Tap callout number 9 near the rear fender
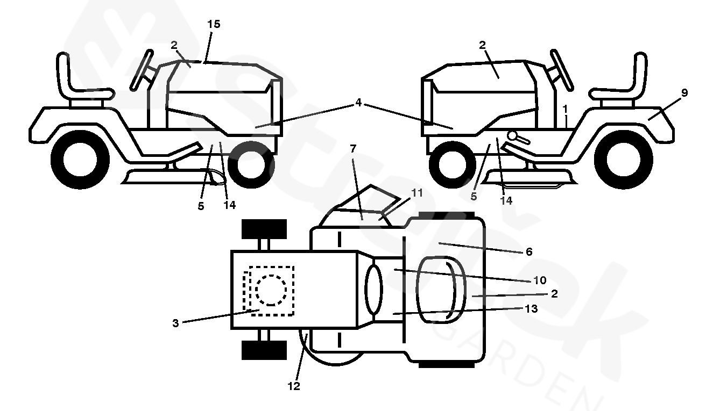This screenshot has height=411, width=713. tap(684, 93)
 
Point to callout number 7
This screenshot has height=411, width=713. tap(353, 148)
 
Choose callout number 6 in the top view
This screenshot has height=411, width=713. tap(529, 251)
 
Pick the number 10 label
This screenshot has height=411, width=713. tap(540, 280)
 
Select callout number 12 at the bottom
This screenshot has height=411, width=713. tap(294, 386)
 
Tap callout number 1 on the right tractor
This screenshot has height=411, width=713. tap(566, 109)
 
